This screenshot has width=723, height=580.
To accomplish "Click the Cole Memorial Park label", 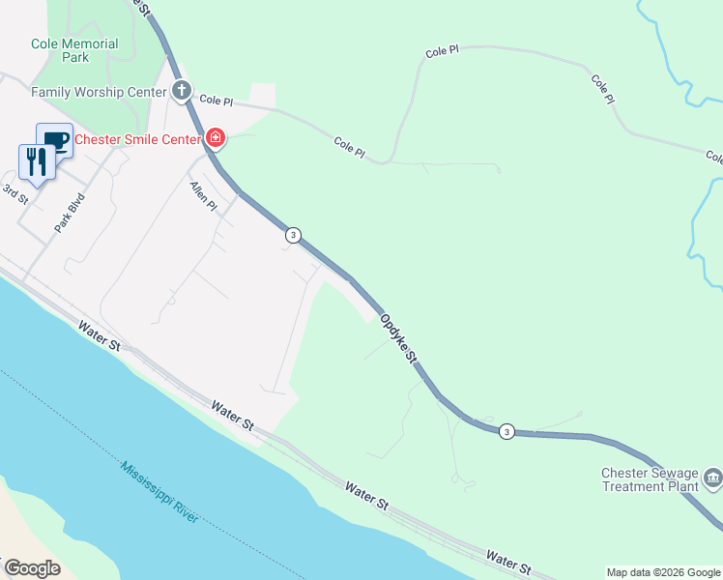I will [x=74, y=50].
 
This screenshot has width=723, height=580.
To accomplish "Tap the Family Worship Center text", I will [x=93, y=92].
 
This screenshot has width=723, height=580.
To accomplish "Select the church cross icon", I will [x=181, y=92].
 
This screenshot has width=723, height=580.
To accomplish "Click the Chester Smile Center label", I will [x=136, y=138].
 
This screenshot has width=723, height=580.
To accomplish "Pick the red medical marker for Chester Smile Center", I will [x=215, y=139].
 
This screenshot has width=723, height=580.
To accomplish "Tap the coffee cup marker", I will [x=55, y=141].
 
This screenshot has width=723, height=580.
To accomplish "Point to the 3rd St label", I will [x=16, y=193].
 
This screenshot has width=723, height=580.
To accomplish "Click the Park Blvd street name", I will [x=64, y=215].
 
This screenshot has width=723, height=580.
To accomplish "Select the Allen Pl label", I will [x=204, y=197].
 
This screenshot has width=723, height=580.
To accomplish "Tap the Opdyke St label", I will [x=397, y=337].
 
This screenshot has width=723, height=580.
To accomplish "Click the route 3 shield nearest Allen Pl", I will [x=293, y=235].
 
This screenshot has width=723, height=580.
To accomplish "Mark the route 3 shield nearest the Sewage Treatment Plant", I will [x=506, y=431].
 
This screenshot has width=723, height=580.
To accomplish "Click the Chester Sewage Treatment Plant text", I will [x=650, y=479].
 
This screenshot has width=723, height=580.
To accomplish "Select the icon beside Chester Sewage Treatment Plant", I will [x=713, y=477].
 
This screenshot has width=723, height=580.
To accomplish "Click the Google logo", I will [x=31, y=568].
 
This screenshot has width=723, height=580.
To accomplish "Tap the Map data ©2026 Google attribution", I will [x=663, y=572].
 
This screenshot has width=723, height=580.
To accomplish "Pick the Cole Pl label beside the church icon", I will [x=216, y=101].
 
